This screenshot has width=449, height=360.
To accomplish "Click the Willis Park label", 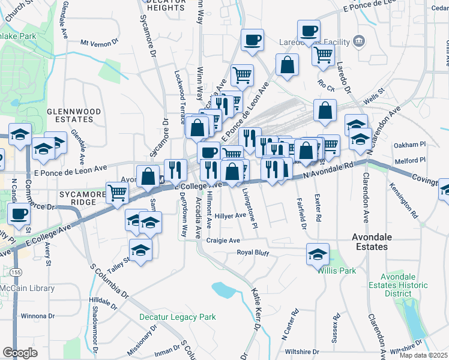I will [x=337, y=271].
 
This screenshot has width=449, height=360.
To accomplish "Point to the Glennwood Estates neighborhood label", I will [x=73, y=115].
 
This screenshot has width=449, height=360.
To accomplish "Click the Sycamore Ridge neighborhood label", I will [x=77, y=198].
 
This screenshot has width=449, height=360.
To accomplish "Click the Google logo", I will [x=20, y=353].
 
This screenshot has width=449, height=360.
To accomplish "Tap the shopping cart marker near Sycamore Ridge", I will [x=118, y=192].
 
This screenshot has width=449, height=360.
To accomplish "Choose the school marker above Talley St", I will [x=140, y=248].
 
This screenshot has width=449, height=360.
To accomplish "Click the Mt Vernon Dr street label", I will [x=100, y=43].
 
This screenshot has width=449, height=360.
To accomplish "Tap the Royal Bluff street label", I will [x=253, y=253].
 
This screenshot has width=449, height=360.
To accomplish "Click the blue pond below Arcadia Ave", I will [x=223, y=290].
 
